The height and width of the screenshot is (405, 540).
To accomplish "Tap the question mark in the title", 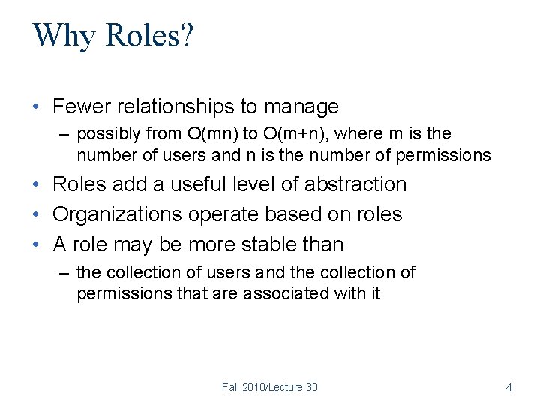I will (186, 35).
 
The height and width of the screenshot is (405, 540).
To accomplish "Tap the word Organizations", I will (117, 214).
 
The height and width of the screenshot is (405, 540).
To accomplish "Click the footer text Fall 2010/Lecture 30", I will (269, 387).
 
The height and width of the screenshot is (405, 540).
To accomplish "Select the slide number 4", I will (508, 387).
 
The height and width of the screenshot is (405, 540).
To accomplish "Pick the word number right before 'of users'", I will (102, 155).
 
